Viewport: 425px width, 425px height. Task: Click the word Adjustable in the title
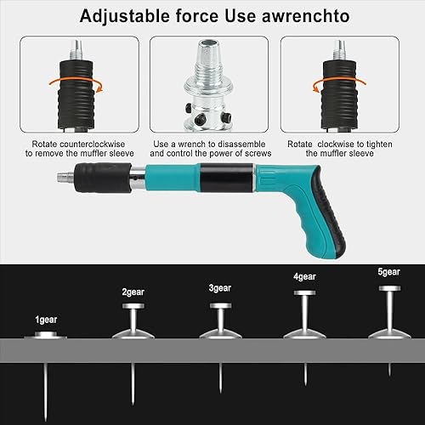click(124, 16)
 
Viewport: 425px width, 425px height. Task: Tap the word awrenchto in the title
click(305, 16)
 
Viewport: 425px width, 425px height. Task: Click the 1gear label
click(46, 320)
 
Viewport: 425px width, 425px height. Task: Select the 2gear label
click(133, 292)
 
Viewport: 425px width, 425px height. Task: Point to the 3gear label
click(220, 288)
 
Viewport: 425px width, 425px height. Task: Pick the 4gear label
click(304, 277)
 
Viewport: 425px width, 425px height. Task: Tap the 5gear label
click(389, 272)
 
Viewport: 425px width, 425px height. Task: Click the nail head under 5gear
click(390, 288)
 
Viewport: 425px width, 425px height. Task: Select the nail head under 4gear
click(304, 293)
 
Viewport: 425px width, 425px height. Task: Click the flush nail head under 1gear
click(46, 335)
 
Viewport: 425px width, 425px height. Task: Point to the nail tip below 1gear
click(45, 421)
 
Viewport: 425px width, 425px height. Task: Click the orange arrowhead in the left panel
click(99, 89)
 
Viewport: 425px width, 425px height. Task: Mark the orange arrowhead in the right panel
click(316, 89)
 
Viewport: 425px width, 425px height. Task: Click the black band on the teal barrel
click(226, 178)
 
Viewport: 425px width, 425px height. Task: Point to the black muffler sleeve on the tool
click(103, 178)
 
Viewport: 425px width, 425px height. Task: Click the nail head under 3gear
click(220, 306)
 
